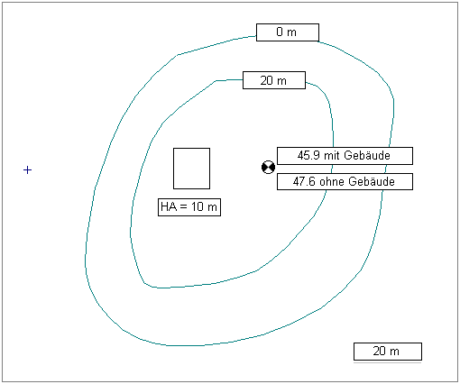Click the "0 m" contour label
tap(288, 32)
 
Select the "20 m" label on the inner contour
tap(274, 80)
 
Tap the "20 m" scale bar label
tap(388, 352)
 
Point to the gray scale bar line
tap(388, 362)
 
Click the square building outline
tap(173, 169)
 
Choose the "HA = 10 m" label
tap(189, 207)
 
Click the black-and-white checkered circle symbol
tap(268, 167)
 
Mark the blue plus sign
tap(27, 170)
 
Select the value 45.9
tap(308, 156)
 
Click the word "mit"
tap(332, 156)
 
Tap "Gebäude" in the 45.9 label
tap(367, 155)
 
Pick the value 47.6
tap(304, 182)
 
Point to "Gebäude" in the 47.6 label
tap(372, 181)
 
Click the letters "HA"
tap(169, 206)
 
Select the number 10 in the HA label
tap(198, 206)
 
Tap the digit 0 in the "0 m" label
tap(280, 32)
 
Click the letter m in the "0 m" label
tap(291, 32)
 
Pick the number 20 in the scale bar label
tap(380, 351)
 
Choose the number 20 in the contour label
tap(267, 80)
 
